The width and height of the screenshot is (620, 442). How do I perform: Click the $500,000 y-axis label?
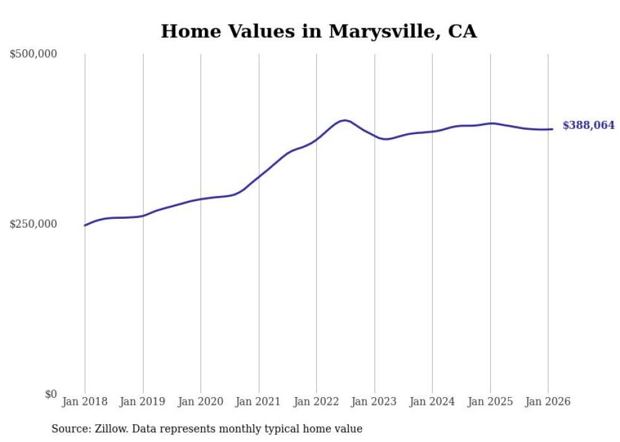pos(33,54)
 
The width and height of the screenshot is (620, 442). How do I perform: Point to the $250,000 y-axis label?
pos(33,224)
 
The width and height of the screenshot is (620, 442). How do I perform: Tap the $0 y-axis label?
pos(51,394)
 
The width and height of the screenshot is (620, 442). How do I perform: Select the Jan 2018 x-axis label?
pos(85,402)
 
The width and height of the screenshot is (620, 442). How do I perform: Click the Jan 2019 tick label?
pos(143,402)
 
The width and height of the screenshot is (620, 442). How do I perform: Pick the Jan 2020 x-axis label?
pos(201,402)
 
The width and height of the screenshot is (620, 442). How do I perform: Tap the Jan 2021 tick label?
pos(259,402)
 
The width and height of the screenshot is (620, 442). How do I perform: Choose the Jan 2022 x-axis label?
pos(316,402)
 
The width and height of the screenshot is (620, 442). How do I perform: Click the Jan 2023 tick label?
pos(375,402)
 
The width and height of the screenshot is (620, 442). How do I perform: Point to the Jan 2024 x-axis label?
pos(432,402)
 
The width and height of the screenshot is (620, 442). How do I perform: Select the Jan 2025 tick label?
pos(490,402)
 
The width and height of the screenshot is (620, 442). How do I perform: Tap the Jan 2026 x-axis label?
pos(548,402)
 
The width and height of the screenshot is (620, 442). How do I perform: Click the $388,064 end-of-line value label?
pos(588,126)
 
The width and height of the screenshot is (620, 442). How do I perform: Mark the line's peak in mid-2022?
pos(344,120)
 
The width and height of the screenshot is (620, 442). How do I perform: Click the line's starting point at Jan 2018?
pos(85,225)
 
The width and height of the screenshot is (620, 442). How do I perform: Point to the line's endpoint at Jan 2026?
pos(552,129)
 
